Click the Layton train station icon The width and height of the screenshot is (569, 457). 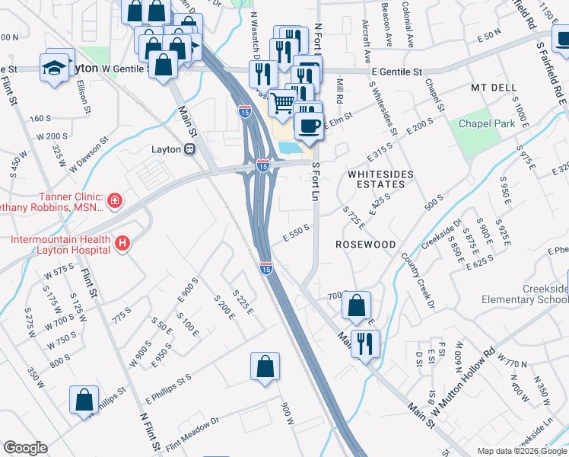click(189, 149)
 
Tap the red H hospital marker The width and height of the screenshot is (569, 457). click(122, 244)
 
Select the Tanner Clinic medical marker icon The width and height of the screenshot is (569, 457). click(114, 201)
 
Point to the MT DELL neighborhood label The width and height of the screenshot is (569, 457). click(495, 88)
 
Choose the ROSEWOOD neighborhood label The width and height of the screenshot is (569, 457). click(366, 244)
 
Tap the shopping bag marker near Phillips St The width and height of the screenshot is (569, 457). click(84, 400)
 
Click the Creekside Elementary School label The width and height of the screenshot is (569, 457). click(545, 294)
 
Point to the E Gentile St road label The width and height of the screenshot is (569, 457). click(397, 72)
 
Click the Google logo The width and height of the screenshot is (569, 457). click(25, 448)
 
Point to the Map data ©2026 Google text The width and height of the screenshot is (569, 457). click(521, 451)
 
